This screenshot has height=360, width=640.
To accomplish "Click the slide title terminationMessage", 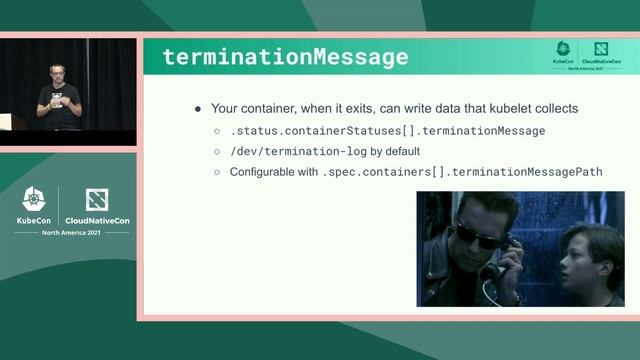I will coord(285,56).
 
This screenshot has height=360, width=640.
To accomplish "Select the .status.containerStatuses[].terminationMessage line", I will coord(387,130).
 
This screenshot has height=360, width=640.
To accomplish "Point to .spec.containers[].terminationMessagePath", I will coord(463,172).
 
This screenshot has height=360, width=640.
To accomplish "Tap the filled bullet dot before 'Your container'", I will coord(198,108).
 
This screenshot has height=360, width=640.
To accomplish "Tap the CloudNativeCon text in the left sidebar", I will coord(97,220).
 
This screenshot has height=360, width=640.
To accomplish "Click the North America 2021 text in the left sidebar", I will coord(70,232).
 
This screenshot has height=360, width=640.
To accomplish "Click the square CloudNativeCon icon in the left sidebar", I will coord(97,199).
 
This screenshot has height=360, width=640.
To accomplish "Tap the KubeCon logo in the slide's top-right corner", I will coord(564,52).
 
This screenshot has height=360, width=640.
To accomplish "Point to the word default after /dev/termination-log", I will coord(400,151).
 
